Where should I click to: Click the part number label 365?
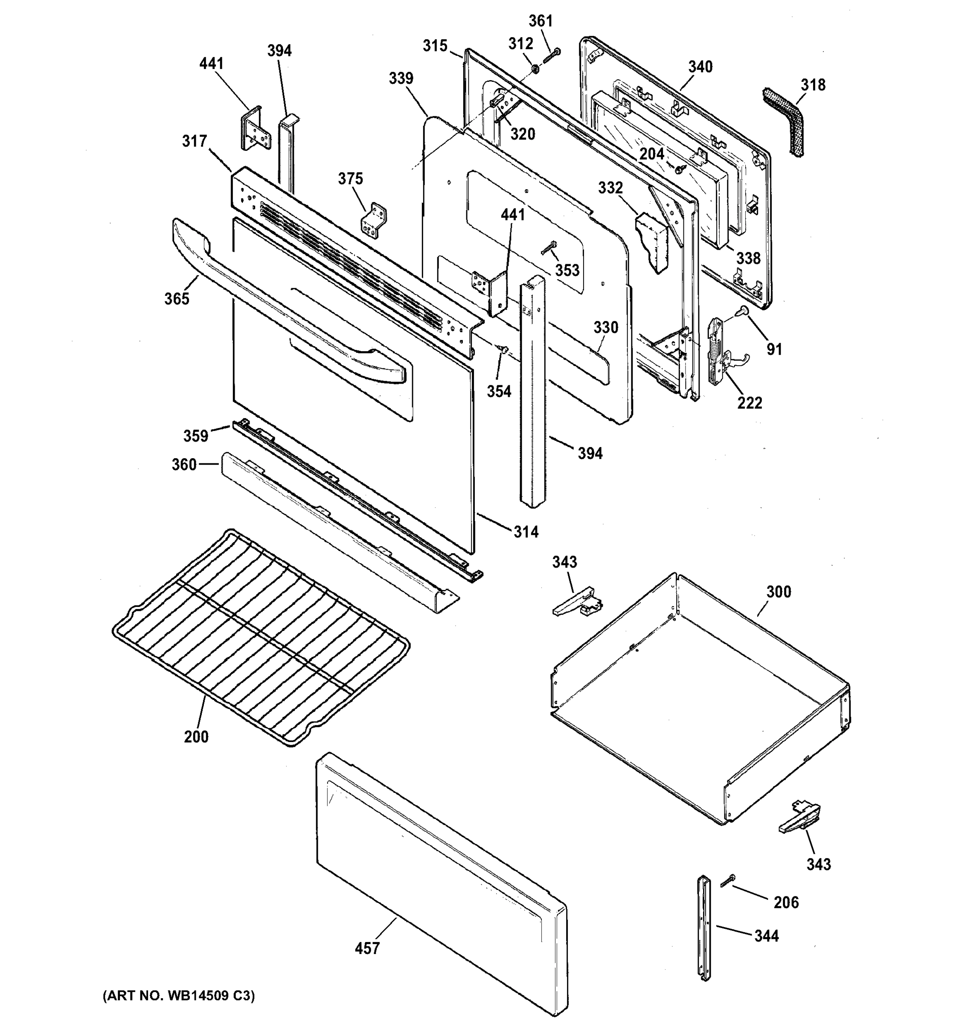point(177,298)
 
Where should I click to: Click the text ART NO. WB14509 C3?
point(179,996)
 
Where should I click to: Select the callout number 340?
point(700,67)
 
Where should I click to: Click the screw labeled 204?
point(678,167)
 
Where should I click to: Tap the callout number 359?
point(196,436)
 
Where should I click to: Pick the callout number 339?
point(401,78)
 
